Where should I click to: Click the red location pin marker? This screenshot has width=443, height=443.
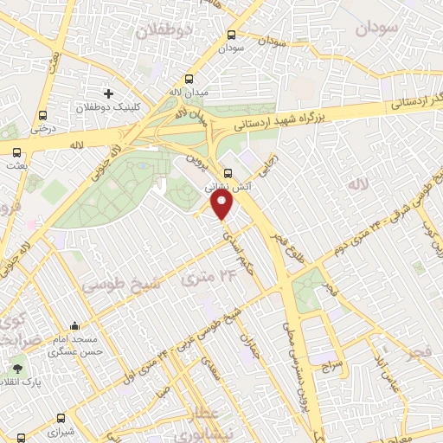click(x=222, y=206)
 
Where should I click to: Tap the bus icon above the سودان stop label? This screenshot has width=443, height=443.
click(x=231, y=35)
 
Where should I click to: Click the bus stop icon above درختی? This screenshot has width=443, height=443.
click(x=42, y=115)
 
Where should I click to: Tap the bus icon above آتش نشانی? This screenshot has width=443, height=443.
click(x=228, y=172)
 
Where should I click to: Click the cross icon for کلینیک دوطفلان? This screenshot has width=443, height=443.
click(x=108, y=93)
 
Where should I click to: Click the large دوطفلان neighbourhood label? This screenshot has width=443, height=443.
click(x=161, y=30)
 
